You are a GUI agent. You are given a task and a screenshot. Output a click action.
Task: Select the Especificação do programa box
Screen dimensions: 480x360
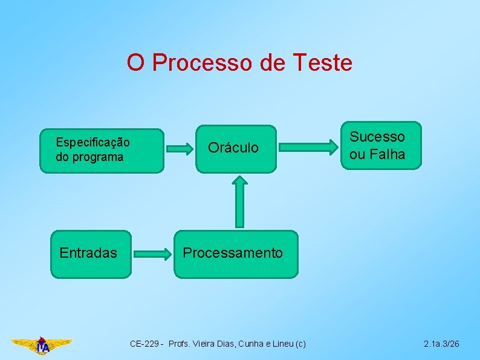point(102,151)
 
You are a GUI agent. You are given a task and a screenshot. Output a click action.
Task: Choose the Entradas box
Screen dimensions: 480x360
point(91,254)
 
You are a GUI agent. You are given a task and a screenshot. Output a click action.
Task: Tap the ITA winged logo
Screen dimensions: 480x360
point(42,345)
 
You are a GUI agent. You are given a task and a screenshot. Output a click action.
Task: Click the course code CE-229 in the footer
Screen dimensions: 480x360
point(145,344)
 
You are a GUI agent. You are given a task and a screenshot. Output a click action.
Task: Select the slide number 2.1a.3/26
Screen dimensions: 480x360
point(441,344)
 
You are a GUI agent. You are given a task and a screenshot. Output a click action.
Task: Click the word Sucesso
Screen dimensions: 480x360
point(377,137)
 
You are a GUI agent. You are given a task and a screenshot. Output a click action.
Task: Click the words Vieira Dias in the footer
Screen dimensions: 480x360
point(205,344)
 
